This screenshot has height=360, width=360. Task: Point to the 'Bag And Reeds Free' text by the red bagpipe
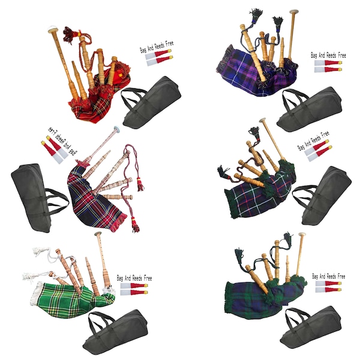[155, 49]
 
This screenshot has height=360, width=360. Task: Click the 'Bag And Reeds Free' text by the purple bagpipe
[328, 55]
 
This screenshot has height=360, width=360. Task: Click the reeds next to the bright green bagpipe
[134, 290]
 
